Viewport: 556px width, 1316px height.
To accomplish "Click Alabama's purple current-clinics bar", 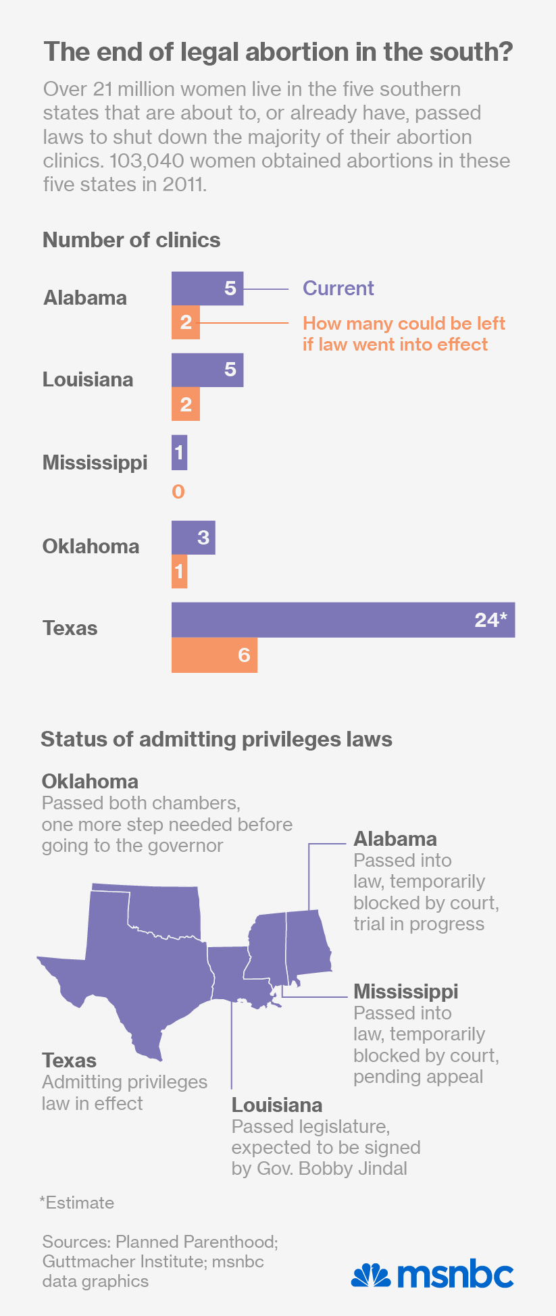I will click(207, 288).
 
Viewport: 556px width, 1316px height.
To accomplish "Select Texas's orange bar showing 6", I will click(214, 655).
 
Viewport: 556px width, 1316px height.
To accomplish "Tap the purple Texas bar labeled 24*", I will click(343, 619).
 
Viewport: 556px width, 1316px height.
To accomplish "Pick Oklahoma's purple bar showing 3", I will click(193, 538).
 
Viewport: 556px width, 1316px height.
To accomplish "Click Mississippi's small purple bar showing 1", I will click(179, 452).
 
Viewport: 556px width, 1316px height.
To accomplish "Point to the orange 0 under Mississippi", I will click(178, 492).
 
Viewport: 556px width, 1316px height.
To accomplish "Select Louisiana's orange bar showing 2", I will click(186, 405).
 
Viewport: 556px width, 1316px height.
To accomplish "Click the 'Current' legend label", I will click(338, 288).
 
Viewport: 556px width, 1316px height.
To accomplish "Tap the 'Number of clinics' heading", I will click(132, 241).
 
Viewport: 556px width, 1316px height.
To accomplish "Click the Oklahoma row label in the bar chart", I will click(91, 547).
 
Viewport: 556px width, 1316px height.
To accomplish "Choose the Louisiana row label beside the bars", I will click(88, 380).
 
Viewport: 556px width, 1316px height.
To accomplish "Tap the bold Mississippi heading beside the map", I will click(405, 992).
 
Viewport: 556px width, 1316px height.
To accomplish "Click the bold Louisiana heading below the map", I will click(277, 1105).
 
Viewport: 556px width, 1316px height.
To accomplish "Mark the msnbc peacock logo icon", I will click(371, 1275).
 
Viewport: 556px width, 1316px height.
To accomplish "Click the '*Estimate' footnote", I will click(77, 1203).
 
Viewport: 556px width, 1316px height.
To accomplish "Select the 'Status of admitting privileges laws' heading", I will click(216, 739).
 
